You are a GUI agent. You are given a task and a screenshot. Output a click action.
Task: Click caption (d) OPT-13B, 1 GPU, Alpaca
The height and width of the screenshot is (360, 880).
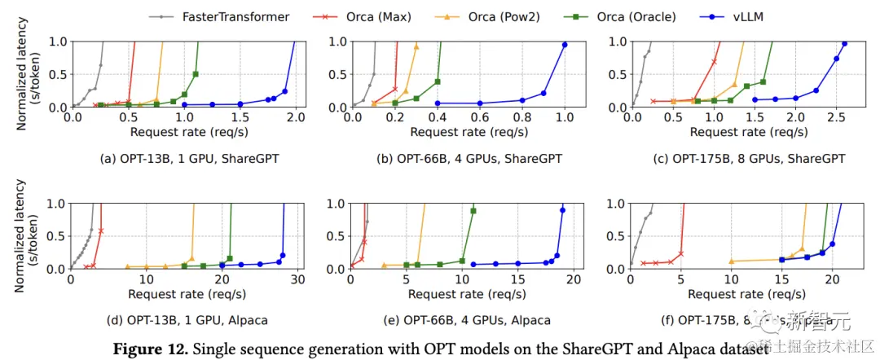tap(184, 320)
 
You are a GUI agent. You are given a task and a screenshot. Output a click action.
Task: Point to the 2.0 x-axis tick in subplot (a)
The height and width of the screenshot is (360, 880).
tap(296, 118)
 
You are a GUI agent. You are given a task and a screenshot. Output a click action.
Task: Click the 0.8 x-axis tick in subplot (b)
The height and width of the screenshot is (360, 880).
tap(522, 118)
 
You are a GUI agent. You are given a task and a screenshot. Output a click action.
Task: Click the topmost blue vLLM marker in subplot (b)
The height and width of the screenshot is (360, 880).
tap(565, 45)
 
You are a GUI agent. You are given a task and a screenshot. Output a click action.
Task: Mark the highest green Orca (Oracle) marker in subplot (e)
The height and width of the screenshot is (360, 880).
tap(473, 211)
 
